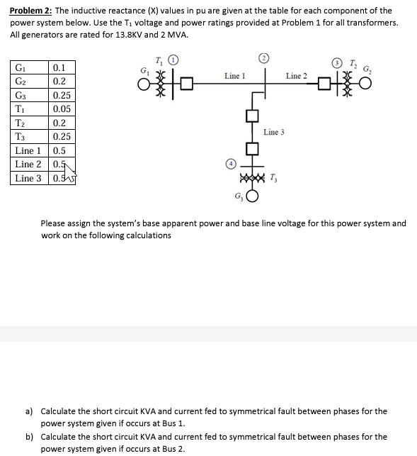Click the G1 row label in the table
coord(20,68)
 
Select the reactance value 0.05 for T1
coord(62,109)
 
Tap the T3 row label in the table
coord(21,137)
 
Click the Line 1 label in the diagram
coord(234,76)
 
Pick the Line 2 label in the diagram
coord(297,76)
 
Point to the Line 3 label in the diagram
coord(274,133)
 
